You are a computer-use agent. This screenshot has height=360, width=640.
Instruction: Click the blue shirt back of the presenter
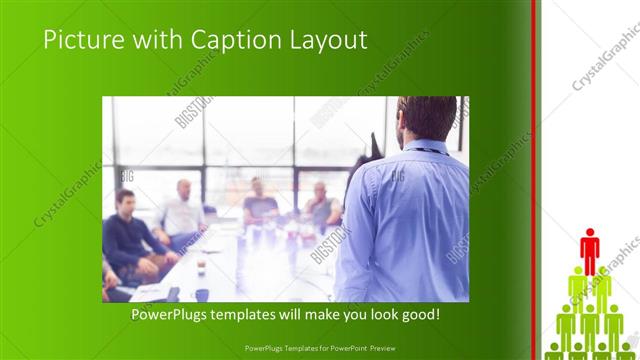coord(410,220)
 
